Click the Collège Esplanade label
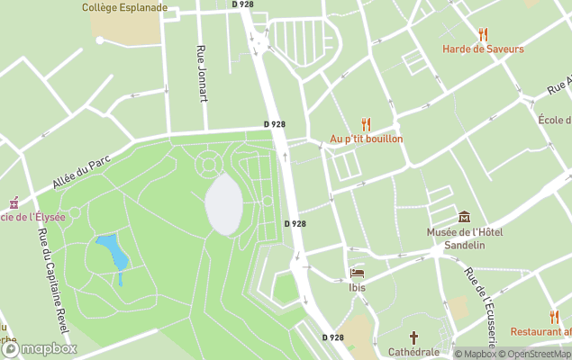124,7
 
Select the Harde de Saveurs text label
483,49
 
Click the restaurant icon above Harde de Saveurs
483,34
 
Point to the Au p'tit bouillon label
366,139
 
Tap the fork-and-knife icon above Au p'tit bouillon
366,124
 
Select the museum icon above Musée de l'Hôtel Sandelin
464,217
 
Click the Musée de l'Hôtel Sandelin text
464,238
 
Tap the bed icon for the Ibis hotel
357,273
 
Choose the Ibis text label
358,288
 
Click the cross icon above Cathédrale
414,337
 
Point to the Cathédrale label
414,353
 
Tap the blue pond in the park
113,252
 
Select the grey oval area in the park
223,204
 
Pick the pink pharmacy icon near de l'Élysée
13,202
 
